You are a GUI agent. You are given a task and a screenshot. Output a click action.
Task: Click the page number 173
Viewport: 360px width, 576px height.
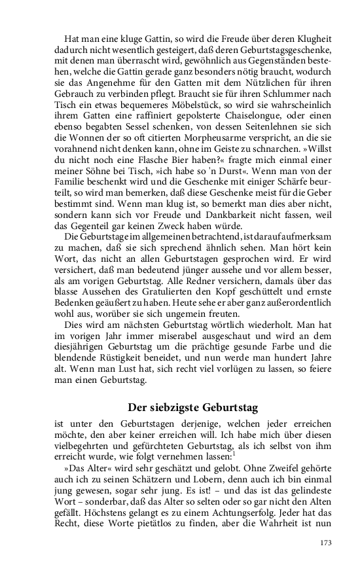tap(327, 543)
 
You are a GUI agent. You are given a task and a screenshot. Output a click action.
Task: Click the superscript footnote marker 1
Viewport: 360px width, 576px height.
tap(234, 452)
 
